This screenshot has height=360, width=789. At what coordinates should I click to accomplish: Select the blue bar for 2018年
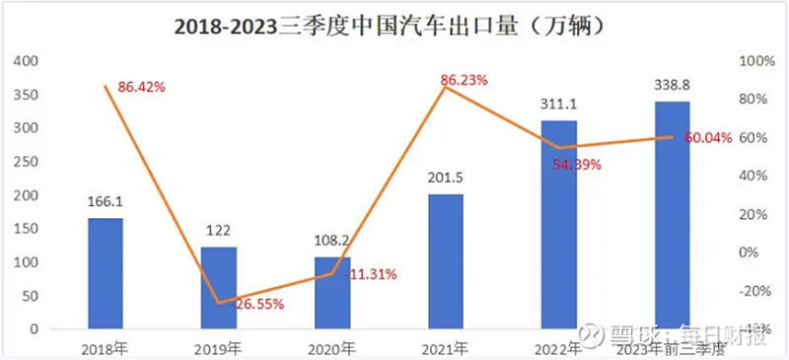pos(106,273)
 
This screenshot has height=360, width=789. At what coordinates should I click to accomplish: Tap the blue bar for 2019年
pos(218,288)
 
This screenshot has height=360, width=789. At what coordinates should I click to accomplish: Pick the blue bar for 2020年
pos(331,293)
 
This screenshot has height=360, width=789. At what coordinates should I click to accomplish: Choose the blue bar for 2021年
pos(445,261)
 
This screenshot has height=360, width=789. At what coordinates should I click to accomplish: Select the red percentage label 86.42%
pos(141,88)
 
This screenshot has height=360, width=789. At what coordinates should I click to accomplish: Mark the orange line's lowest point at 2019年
pos(218,303)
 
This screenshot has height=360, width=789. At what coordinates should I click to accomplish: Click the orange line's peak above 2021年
pos(445,88)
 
